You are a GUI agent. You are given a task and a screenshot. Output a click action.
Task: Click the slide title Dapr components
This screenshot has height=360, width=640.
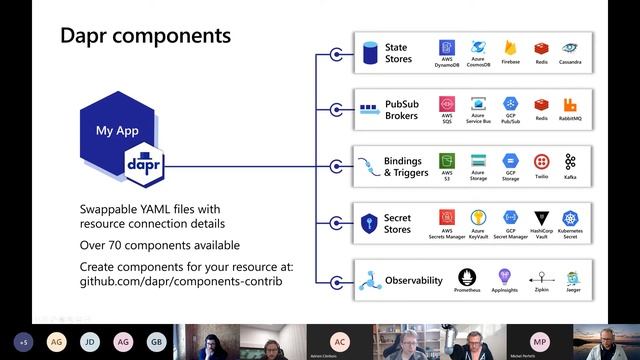[145, 37]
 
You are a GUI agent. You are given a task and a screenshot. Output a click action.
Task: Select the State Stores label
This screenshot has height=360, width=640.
[397, 52]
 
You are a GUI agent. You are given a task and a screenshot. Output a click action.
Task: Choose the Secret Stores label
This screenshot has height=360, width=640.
[397, 223]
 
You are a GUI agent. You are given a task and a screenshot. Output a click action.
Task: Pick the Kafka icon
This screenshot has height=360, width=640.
[570, 161]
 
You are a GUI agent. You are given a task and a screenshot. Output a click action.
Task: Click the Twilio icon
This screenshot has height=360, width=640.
[541, 161]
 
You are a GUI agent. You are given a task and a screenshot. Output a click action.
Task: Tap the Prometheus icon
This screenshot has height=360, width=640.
[466, 277]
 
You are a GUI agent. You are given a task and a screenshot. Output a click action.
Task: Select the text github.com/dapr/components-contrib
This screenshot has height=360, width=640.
[180, 283]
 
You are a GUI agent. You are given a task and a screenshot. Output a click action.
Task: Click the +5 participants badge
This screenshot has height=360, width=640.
[23, 341]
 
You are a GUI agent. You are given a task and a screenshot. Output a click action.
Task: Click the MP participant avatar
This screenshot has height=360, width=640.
[540, 341]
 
